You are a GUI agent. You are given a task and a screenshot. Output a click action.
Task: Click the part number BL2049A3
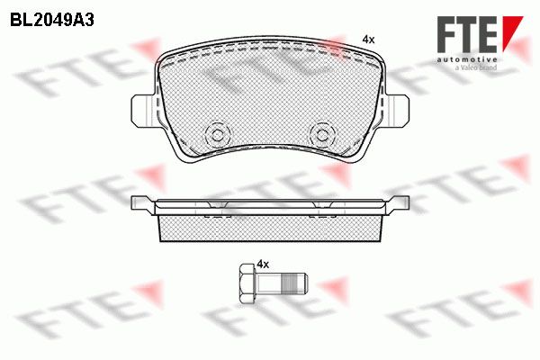click(52, 21)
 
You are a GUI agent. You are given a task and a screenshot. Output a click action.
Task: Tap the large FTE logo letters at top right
click(467, 34)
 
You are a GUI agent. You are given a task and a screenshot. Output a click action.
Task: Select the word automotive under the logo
click(467, 59)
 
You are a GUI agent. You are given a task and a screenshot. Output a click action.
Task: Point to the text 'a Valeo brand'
click(476, 67)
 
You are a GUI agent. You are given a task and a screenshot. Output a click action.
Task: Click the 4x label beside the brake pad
click(368, 40)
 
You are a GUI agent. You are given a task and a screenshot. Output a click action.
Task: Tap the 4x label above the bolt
click(263, 265)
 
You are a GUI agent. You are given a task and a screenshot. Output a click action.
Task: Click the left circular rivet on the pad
click(217, 135)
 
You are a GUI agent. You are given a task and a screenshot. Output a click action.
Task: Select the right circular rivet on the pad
click(322, 135)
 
